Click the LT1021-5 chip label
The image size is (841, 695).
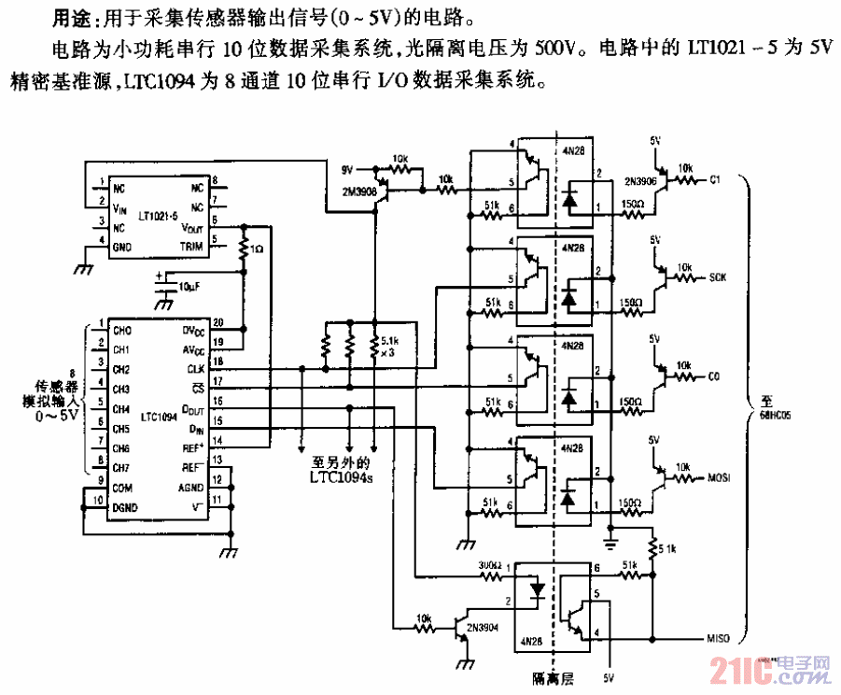(x=156, y=214)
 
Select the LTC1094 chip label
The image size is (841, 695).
(x=156, y=418)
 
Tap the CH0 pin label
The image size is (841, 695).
(x=121, y=330)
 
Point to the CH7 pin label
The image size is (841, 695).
(x=121, y=467)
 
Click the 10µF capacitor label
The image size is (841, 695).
(x=188, y=284)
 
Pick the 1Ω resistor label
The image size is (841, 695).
(x=257, y=250)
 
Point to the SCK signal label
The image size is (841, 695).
(x=717, y=277)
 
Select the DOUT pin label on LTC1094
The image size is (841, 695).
(x=193, y=408)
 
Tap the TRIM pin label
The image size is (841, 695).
(x=191, y=247)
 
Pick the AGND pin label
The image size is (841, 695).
(x=191, y=487)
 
